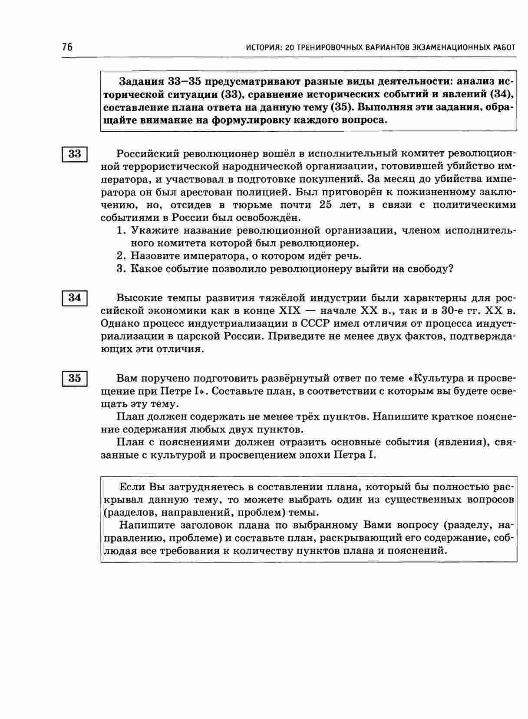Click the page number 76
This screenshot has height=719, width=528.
click(x=67, y=47)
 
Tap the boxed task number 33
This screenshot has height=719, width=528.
click(x=75, y=154)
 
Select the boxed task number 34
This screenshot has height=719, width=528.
click(x=75, y=298)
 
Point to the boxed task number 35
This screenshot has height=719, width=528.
click(x=75, y=378)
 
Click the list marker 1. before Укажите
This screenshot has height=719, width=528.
click(x=122, y=230)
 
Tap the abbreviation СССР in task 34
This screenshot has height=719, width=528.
click(x=316, y=323)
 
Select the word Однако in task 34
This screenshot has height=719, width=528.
click(x=119, y=323)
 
